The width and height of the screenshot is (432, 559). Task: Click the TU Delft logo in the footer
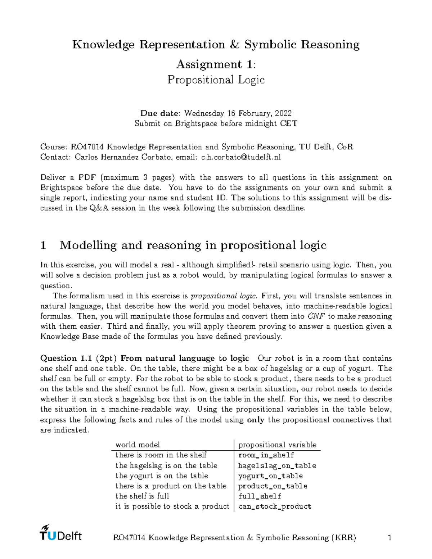tap(60, 533)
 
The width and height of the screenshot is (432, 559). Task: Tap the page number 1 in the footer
tap(389, 538)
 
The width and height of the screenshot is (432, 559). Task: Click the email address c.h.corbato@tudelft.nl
tap(241, 157)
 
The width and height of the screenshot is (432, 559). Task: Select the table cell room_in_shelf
tap(266, 455)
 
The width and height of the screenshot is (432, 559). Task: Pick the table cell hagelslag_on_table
tap(277, 466)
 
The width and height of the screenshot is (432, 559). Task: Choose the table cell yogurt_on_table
tap(270, 476)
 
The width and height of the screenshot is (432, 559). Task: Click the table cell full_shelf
tap(260, 496)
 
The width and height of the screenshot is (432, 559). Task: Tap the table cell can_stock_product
tap(275, 506)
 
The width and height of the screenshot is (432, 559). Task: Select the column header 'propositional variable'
tap(277, 445)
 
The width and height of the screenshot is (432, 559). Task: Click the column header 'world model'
tap(138, 445)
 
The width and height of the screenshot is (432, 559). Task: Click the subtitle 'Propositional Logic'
tap(216, 80)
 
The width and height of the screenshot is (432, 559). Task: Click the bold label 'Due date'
tap(159, 113)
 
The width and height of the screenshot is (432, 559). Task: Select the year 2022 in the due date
tap(283, 113)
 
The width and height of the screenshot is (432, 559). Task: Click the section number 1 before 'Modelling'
tap(44, 245)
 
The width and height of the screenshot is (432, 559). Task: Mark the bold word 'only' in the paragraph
tap(256, 420)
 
